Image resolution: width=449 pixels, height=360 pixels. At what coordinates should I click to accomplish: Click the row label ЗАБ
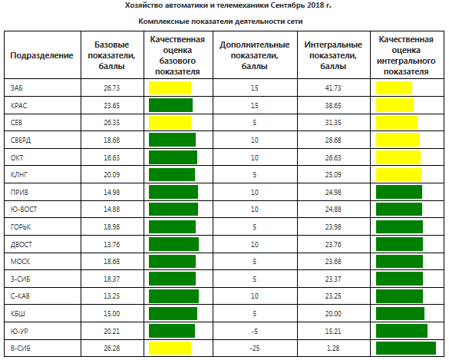[x=16, y=88]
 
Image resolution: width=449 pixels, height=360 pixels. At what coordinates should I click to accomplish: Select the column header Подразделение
[x=41, y=55]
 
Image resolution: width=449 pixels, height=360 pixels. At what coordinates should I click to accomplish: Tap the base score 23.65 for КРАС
[x=112, y=105]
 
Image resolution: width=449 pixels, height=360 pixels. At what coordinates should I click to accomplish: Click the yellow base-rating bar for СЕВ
[x=170, y=123]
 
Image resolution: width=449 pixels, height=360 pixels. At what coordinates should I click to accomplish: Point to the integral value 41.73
[x=333, y=88]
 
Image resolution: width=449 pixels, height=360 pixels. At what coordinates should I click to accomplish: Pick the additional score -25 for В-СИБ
[x=255, y=348]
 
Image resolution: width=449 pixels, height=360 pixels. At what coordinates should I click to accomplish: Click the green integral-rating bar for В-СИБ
[x=406, y=348]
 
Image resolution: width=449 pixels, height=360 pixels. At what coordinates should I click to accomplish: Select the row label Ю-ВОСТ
[x=24, y=210]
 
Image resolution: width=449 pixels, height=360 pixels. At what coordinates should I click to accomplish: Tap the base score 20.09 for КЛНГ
[x=112, y=175]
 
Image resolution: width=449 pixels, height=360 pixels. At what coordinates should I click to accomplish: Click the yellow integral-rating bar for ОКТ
[x=398, y=157]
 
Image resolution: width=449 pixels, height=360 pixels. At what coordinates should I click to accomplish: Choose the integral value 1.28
[x=333, y=348]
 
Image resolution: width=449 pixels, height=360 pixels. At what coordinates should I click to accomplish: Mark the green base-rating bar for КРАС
[x=170, y=105]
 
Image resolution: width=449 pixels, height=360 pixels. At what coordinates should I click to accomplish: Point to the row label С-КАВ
[x=20, y=296]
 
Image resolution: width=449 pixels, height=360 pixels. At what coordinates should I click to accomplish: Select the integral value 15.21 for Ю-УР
[x=333, y=331]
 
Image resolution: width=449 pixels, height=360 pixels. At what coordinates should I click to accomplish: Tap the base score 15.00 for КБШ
[x=112, y=314]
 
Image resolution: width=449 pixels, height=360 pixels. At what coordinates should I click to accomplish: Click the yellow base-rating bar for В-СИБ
[x=170, y=348]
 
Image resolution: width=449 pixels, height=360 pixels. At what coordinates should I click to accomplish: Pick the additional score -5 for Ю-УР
[x=255, y=331]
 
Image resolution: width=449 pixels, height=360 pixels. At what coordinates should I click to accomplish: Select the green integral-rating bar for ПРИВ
[x=399, y=192]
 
